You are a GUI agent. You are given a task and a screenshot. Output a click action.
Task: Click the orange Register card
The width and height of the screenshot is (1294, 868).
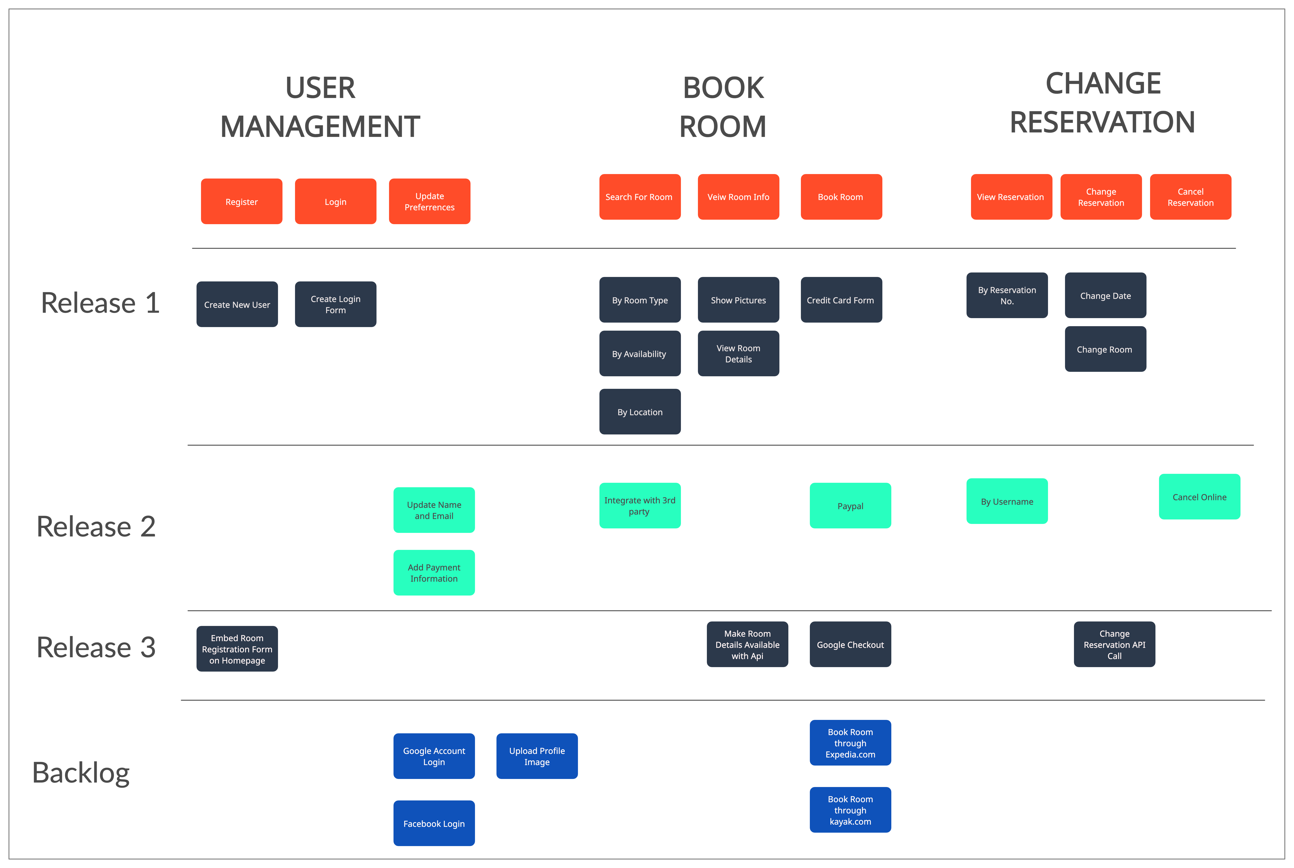pos(242,202)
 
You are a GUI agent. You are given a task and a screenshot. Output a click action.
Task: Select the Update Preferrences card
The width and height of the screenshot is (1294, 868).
pos(429,202)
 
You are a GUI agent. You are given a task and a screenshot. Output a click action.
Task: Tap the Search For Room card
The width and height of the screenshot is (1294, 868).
pos(640,197)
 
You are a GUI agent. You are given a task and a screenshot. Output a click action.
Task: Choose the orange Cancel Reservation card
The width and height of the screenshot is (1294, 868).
pos(1190,197)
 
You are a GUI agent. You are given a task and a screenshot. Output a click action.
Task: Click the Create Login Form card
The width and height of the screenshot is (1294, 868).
pos(335,304)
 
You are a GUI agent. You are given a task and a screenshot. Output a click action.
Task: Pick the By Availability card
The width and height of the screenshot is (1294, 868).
pos(640,354)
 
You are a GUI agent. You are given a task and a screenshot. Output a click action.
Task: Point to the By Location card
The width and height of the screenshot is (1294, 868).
pos(640,412)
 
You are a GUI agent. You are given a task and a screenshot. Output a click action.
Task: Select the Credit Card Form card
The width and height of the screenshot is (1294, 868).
pos(841,300)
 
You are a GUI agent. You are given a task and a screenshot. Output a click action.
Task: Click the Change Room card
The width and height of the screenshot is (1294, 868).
pos(1105,349)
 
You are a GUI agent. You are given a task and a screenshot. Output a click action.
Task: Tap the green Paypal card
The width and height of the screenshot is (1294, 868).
pos(850,506)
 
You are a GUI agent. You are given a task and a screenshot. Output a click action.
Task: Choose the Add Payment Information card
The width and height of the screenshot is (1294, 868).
pos(434,573)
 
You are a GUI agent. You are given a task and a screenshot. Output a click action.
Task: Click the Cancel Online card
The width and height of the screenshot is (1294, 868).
pos(1199,497)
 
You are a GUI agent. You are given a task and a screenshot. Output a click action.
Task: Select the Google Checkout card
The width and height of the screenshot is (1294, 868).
pos(850,644)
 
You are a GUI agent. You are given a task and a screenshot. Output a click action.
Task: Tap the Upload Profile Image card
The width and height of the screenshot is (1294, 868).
pos(537,756)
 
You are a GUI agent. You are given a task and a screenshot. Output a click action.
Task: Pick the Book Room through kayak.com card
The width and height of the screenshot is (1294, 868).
pos(850,810)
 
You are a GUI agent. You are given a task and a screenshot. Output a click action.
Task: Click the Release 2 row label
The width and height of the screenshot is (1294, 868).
pos(96,526)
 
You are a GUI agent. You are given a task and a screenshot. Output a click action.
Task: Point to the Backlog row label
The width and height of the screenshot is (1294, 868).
pos(81,773)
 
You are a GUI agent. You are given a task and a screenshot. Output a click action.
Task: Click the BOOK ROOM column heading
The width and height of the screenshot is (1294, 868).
pos(723,107)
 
